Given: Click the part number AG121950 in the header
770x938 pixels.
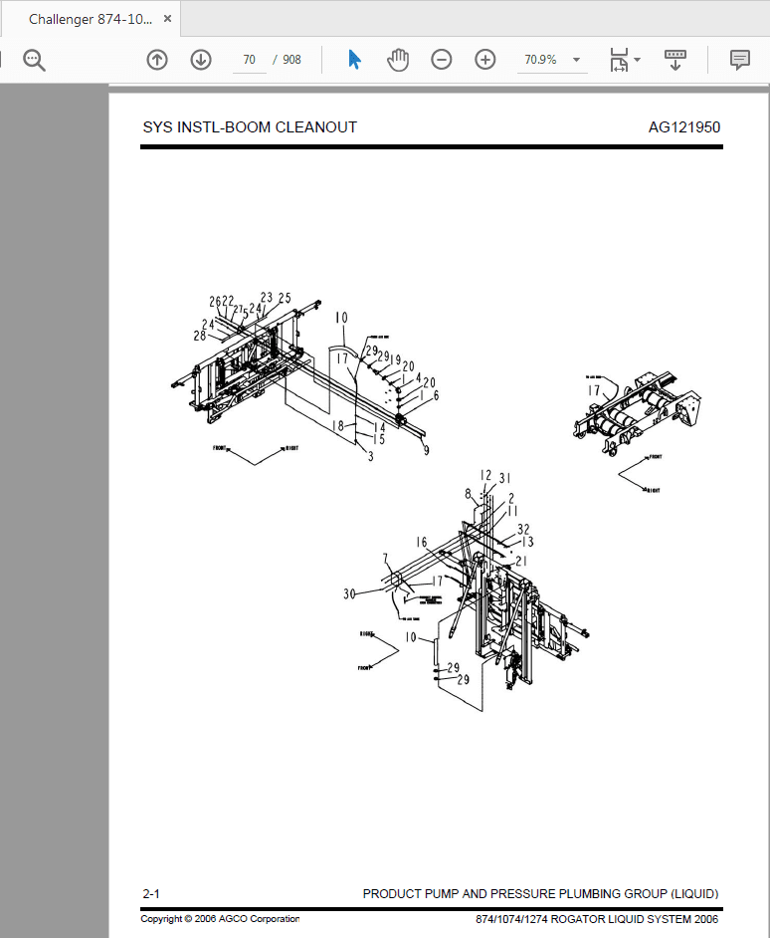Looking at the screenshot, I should point(683,127).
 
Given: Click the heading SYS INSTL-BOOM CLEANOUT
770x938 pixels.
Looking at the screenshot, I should point(250,127).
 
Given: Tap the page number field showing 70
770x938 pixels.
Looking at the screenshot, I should point(249,60).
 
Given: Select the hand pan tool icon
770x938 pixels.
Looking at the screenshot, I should point(398,60).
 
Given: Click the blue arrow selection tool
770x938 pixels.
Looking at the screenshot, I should point(354,60).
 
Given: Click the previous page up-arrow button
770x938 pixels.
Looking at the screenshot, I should point(157,60).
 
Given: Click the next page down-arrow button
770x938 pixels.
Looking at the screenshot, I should point(201,60).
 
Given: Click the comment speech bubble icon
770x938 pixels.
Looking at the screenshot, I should point(739,60).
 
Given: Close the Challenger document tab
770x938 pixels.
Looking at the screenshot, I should point(166,20).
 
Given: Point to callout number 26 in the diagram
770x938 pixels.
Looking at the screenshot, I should point(214,302).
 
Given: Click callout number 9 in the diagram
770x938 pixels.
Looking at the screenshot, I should point(426,451).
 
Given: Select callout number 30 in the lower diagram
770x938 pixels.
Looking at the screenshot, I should point(349,594).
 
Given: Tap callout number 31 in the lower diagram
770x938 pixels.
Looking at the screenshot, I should point(504,477).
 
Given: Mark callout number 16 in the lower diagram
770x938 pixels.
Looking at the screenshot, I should point(421,543).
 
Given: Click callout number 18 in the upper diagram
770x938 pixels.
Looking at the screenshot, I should point(338,426).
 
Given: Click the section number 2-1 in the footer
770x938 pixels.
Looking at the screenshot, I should point(151,894).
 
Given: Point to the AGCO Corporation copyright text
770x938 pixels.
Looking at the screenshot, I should point(220,919).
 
